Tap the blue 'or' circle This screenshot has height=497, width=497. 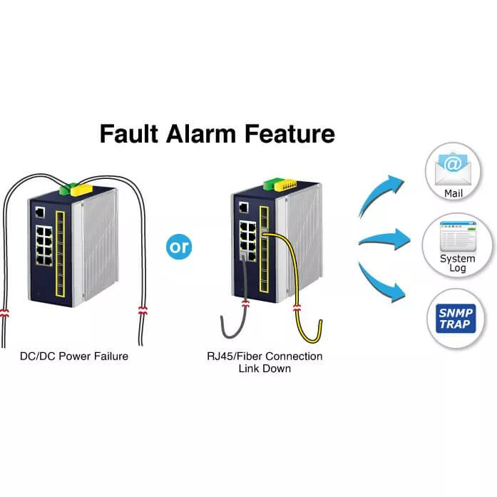pyautogui.click(x=178, y=247)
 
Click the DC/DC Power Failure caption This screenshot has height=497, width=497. pyautogui.click(x=75, y=356)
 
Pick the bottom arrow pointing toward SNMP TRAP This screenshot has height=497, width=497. pyautogui.click(x=384, y=285)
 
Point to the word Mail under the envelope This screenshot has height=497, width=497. pyautogui.click(x=454, y=193)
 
